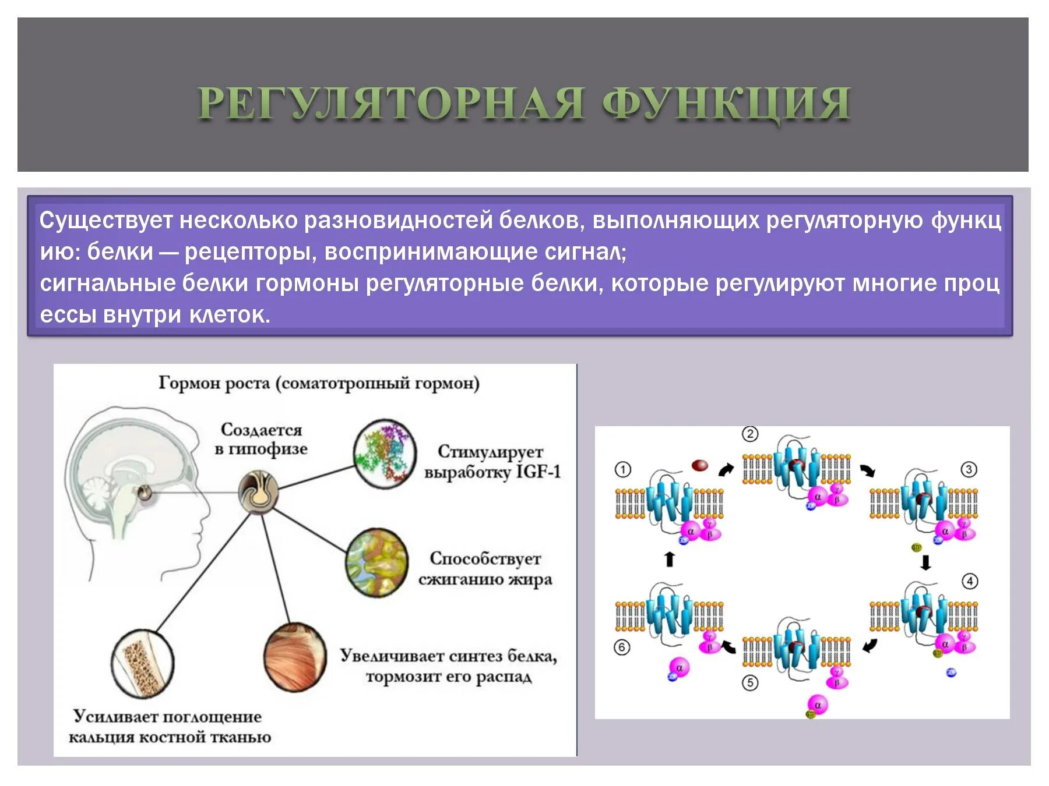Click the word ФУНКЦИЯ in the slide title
pyautogui.click(x=726, y=104)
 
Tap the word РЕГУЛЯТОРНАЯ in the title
pyautogui.click(x=390, y=104)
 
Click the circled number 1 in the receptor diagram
pyautogui.click(x=622, y=469)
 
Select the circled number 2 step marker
pyautogui.click(x=749, y=434)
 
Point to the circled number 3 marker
pyautogui.click(x=969, y=469)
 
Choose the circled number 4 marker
pyautogui.click(x=969, y=581)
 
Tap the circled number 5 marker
pyautogui.click(x=750, y=682)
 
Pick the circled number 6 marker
pyautogui.click(x=622, y=647)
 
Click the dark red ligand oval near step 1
pyautogui.click(x=699, y=465)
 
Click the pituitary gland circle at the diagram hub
pyautogui.click(x=258, y=493)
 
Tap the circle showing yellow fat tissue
pyautogui.click(x=376, y=562)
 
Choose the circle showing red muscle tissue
pyautogui.click(x=295, y=656)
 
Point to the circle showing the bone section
pyautogui.click(x=143, y=664)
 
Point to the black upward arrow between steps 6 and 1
pyautogui.click(x=670, y=559)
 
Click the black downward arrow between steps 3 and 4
pyautogui.click(x=925, y=562)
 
